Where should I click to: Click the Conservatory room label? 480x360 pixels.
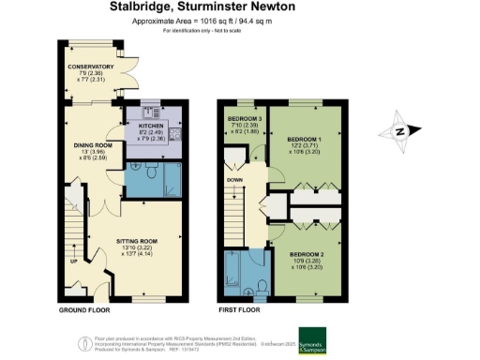pos(90,67)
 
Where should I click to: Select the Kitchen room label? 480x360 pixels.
pos(152,126)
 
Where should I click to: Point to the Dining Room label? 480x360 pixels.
pos(95,145)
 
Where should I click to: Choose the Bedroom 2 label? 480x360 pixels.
pos(306,255)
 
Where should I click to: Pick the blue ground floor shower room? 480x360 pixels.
pos(150,178)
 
